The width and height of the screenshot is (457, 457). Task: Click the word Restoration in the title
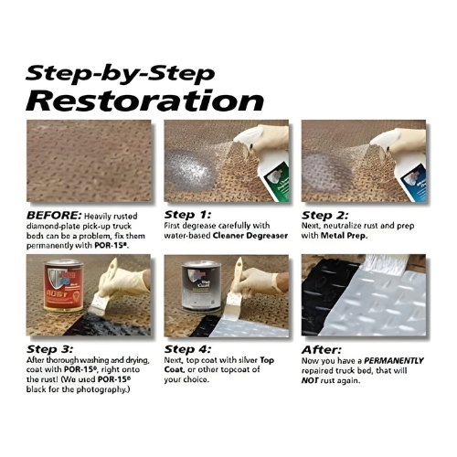(144, 101)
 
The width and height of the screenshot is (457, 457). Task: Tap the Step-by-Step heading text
(121, 74)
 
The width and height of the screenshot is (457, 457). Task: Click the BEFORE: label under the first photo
(54, 216)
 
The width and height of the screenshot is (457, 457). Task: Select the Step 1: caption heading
(187, 215)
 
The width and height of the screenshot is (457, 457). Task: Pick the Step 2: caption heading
(324, 216)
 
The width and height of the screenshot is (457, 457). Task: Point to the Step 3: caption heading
(49, 349)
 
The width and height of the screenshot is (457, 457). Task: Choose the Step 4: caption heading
(187, 349)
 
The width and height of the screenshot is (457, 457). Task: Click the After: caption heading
(322, 350)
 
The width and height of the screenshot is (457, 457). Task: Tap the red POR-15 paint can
(63, 285)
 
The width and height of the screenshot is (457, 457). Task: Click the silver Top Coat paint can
(201, 285)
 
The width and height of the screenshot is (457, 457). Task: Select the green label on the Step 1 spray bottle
(277, 182)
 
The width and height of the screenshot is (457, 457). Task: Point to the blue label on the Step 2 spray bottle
(415, 182)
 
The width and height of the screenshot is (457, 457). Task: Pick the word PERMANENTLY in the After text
(394, 361)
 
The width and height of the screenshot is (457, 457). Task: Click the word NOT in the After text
(310, 380)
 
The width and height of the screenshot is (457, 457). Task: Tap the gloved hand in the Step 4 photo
(259, 282)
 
